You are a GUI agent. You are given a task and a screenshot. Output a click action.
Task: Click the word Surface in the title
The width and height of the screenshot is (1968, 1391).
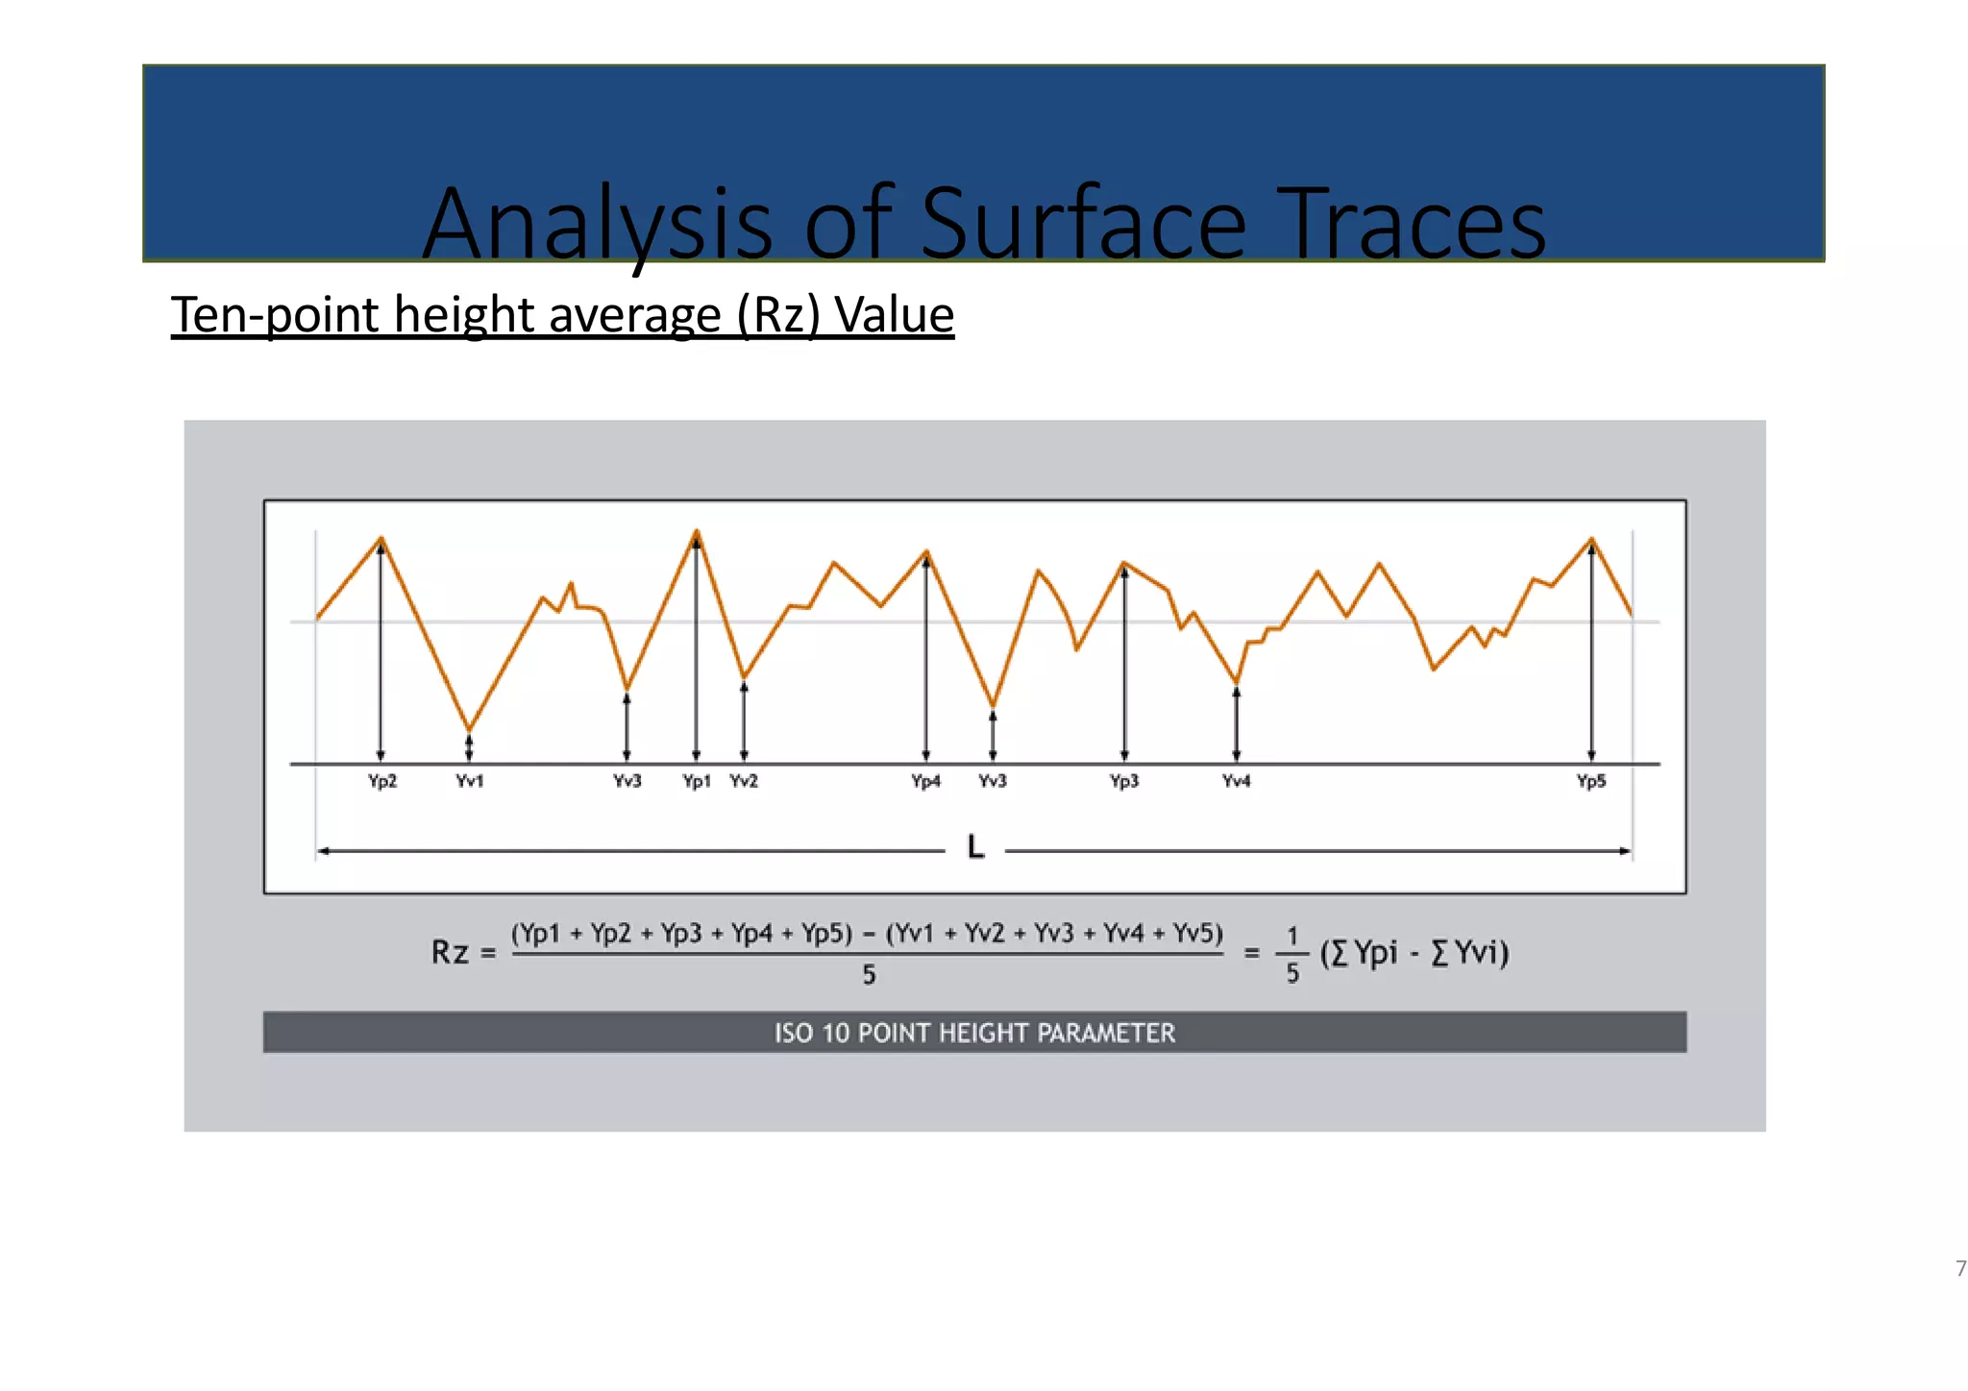coord(1083,225)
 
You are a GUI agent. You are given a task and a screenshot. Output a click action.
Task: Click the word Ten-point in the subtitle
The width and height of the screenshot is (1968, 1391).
coord(275,315)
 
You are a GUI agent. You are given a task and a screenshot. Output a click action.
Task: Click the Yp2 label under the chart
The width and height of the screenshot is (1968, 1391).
coord(381,781)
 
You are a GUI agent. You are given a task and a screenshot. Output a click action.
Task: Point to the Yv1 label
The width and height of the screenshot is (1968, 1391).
coord(469,781)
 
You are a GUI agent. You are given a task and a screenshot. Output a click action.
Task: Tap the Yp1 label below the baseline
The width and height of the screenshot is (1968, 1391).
coord(697,781)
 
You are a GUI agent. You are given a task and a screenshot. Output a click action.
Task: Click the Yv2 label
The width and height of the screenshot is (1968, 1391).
coord(744,781)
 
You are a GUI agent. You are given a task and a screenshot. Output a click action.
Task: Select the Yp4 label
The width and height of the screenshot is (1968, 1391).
coord(925,781)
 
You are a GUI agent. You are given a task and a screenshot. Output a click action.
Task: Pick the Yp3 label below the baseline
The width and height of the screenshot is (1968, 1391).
coord(1124,781)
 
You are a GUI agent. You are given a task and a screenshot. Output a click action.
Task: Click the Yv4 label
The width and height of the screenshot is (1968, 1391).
coord(1236,781)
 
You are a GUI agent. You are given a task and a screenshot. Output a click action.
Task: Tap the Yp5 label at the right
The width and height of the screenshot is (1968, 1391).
coord(1591,781)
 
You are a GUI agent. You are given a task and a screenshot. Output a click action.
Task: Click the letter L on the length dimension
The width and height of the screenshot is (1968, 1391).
coord(975,847)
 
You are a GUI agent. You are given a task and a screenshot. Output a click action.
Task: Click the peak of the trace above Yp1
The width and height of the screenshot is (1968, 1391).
coord(697,530)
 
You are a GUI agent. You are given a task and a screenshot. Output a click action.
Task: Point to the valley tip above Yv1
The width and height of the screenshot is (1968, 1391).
coord(469,729)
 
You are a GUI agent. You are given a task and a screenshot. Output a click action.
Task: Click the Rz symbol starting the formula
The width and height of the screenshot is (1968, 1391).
coord(450,952)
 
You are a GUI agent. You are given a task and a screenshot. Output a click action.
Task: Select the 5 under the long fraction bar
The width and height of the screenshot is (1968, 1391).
coord(869,975)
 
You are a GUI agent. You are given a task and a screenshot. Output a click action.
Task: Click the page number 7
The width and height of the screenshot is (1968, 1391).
coord(1960,1268)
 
